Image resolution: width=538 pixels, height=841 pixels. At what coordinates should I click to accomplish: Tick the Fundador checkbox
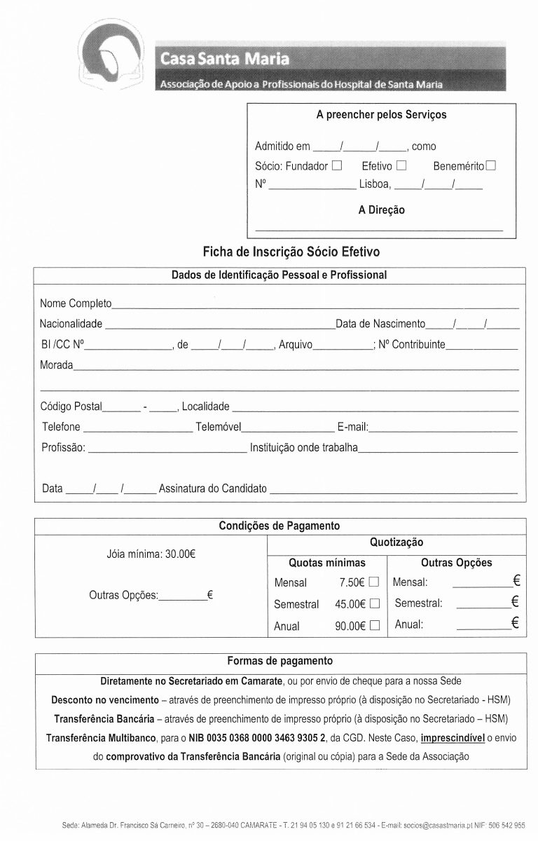[x=337, y=166]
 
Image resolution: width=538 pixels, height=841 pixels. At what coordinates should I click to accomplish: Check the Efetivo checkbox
[x=401, y=166]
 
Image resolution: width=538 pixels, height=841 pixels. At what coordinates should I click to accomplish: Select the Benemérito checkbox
[x=491, y=166]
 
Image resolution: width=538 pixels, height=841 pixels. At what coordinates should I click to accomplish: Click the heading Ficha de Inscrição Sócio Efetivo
[x=291, y=251]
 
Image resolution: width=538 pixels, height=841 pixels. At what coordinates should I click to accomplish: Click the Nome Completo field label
[x=76, y=303]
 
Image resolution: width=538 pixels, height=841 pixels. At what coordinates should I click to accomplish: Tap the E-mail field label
[x=352, y=427]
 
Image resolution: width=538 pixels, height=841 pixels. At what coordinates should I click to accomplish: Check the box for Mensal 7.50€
[x=374, y=582]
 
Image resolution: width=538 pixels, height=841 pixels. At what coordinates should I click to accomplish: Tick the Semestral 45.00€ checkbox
[x=374, y=603]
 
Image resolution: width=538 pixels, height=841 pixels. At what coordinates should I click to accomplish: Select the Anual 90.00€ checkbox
[x=374, y=625]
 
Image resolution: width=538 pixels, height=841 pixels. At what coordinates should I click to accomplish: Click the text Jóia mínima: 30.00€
[x=151, y=554]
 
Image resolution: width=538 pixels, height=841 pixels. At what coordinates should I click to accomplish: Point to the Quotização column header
[x=396, y=542]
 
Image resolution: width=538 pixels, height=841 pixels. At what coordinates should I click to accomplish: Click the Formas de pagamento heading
[x=280, y=661]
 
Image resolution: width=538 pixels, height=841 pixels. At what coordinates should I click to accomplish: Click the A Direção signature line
[x=379, y=229]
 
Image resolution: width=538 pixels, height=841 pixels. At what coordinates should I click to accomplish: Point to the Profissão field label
[x=63, y=447]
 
